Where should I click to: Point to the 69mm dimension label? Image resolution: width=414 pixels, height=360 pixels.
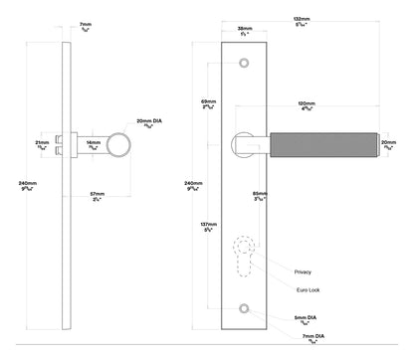[208, 102]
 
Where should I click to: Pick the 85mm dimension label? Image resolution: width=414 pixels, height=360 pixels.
[260, 195]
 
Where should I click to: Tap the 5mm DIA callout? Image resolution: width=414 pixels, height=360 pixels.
[307, 318]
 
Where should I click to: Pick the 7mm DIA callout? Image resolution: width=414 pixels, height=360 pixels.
[307, 335]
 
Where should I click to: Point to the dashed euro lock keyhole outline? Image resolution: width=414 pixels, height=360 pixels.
[244, 262]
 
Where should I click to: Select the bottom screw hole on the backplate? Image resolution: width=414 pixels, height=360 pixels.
[244, 310]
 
